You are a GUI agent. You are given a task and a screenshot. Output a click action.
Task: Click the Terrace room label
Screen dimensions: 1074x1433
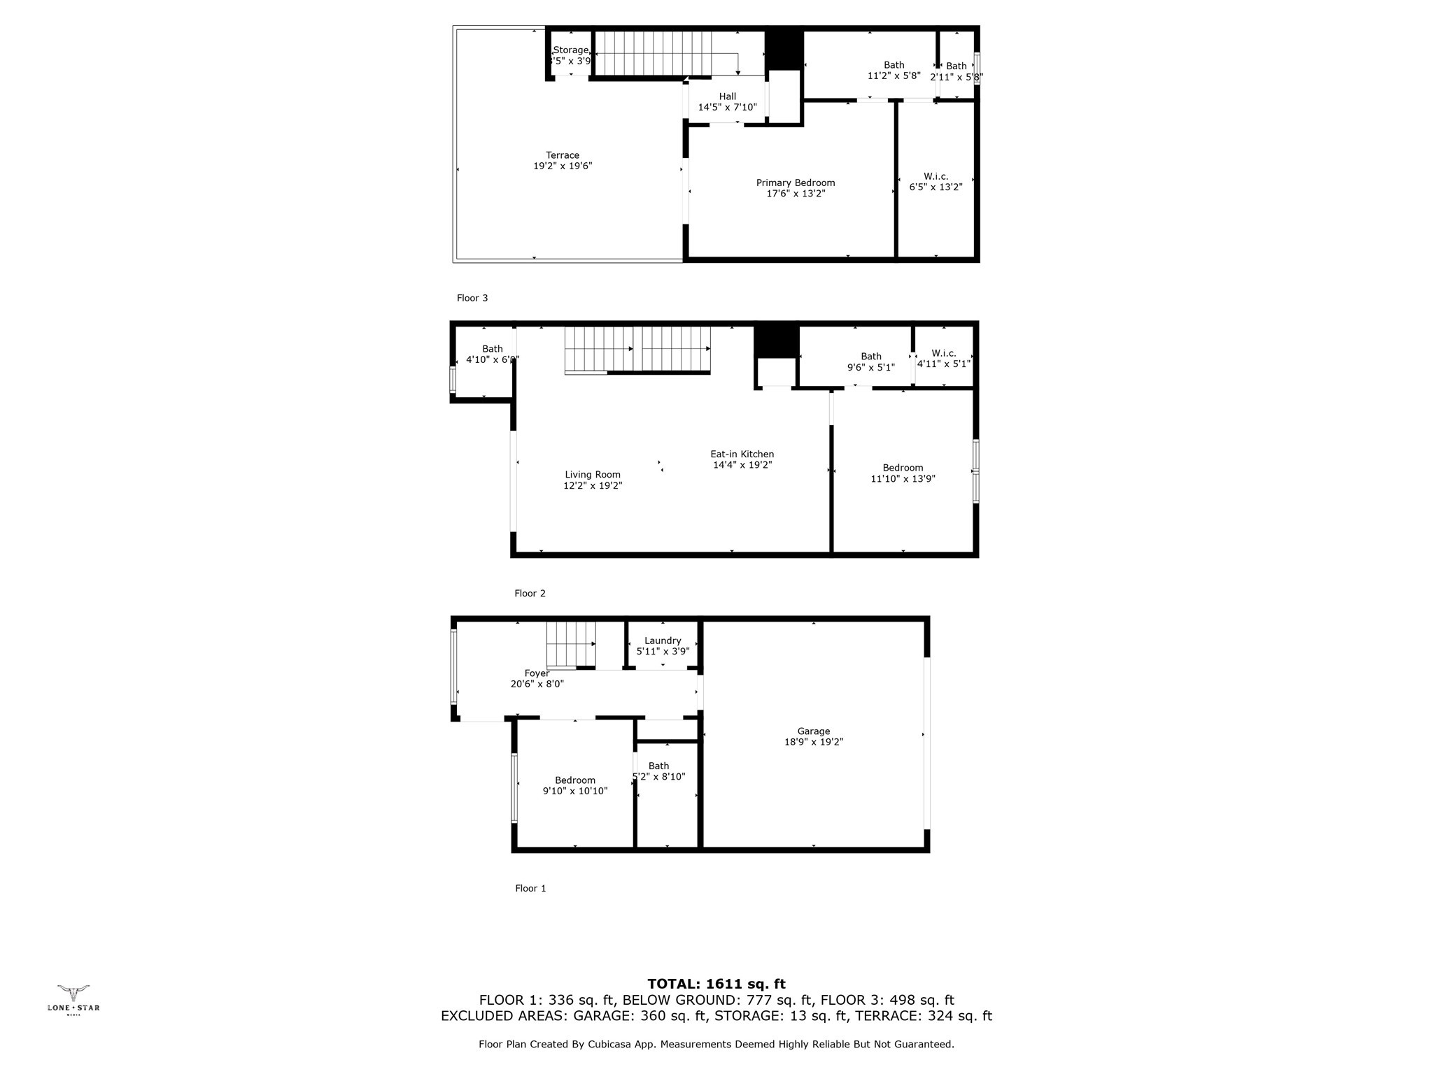pyautogui.click(x=563, y=155)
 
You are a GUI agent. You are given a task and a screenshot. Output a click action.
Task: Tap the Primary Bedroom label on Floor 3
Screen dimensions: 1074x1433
pyautogui.click(x=796, y=182)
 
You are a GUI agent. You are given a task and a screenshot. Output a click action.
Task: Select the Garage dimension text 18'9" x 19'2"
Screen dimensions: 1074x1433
pyautogui.click(x=814, y=742)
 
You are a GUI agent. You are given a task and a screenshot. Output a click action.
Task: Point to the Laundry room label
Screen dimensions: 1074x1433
pyautogui.click(x=663, y=640)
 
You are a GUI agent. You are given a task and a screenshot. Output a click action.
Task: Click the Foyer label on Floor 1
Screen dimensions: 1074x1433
pyautogui.click(x=537, y=673)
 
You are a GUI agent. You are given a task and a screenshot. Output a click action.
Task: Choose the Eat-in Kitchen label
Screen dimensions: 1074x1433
pyautogui.click(x=742, y=454)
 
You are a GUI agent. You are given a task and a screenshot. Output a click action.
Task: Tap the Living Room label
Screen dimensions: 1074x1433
pyautogui.click(x=593, y=474)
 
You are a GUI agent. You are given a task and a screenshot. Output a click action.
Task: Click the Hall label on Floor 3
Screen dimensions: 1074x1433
pyautogui.click(x=728, y=96)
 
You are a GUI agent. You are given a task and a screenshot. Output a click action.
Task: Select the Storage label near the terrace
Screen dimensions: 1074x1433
pyautogui.click(x=571, y=50)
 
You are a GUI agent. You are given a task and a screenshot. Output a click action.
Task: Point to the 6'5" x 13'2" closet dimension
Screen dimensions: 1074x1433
pyautogui.click(x=936, y=187)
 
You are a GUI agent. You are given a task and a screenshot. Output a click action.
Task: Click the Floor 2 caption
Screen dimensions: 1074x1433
pyautogui.click(x=530, y=593)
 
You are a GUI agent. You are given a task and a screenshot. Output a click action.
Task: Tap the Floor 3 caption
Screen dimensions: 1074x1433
pyautogui.click(x=472, y=298)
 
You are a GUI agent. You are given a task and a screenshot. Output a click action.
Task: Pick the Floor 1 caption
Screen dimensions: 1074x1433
pyautogui.click(x=530, y=888)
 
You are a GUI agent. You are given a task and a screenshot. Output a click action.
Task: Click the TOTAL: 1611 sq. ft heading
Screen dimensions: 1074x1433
pyautogui.click(x=716, y=984)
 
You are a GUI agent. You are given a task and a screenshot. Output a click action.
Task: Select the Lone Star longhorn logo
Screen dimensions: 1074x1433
pyautogui.click(x=73, y=992)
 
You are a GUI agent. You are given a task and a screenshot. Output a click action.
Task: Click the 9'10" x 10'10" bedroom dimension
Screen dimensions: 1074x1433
pyautogui.click(x=575, y=791)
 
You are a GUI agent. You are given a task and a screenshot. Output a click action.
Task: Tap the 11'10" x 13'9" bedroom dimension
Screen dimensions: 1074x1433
pyautogui.click(x=903, y=479)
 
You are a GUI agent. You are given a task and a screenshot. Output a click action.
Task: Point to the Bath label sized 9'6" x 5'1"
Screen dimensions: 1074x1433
pyautogui.click(x=871, y=356)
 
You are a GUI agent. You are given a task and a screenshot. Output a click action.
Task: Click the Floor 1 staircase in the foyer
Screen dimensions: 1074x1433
pyautogui.click(x=571, y=644)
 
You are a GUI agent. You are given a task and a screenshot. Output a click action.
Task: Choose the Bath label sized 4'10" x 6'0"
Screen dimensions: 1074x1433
pyautogui.click(x=493, y=348)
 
